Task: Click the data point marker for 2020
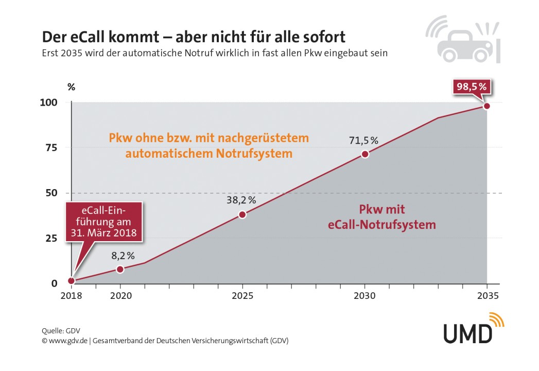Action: (x=120, y=269)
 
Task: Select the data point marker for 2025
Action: (x=242, y=214)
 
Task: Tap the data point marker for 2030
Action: (x=364, y=154)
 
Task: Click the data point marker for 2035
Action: (x=486, y=106)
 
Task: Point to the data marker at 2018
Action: (x=71, y=281)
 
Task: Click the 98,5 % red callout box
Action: (x=471, y=87)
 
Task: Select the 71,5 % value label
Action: (x=364, y=140)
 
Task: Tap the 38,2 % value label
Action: (x=242, y=200)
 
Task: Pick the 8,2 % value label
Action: (x=123, y=255)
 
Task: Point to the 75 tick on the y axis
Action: (x=53, y=147)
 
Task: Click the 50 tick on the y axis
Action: (x=53, y=193)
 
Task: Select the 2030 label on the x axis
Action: (x=364, y=297)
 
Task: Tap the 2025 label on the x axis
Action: (x=242, y=297)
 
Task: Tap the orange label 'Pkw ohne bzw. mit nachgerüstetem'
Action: (x=208, y=138)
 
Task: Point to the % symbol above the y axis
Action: (x=71, y=87)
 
